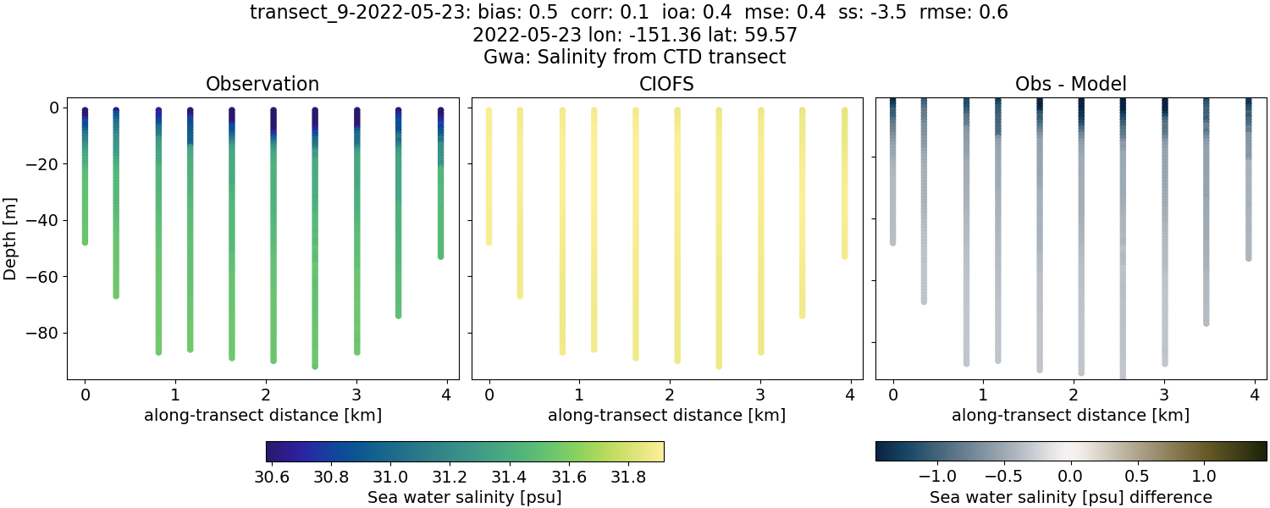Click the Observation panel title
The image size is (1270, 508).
click(262, 84)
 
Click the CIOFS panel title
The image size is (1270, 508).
click(666, 84)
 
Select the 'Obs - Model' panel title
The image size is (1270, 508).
click(1070, 84)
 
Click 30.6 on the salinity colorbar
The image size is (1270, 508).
click(272, 476)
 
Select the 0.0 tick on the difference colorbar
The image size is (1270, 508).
click(1071, 476)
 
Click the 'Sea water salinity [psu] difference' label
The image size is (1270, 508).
click(1071, 497)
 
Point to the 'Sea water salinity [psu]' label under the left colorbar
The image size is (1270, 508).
click(464, 497)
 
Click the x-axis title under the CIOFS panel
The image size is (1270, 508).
click(666, 416)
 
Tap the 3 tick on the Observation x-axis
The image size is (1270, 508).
click(356, 395)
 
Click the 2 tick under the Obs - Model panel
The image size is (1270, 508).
click(1074, 395)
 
